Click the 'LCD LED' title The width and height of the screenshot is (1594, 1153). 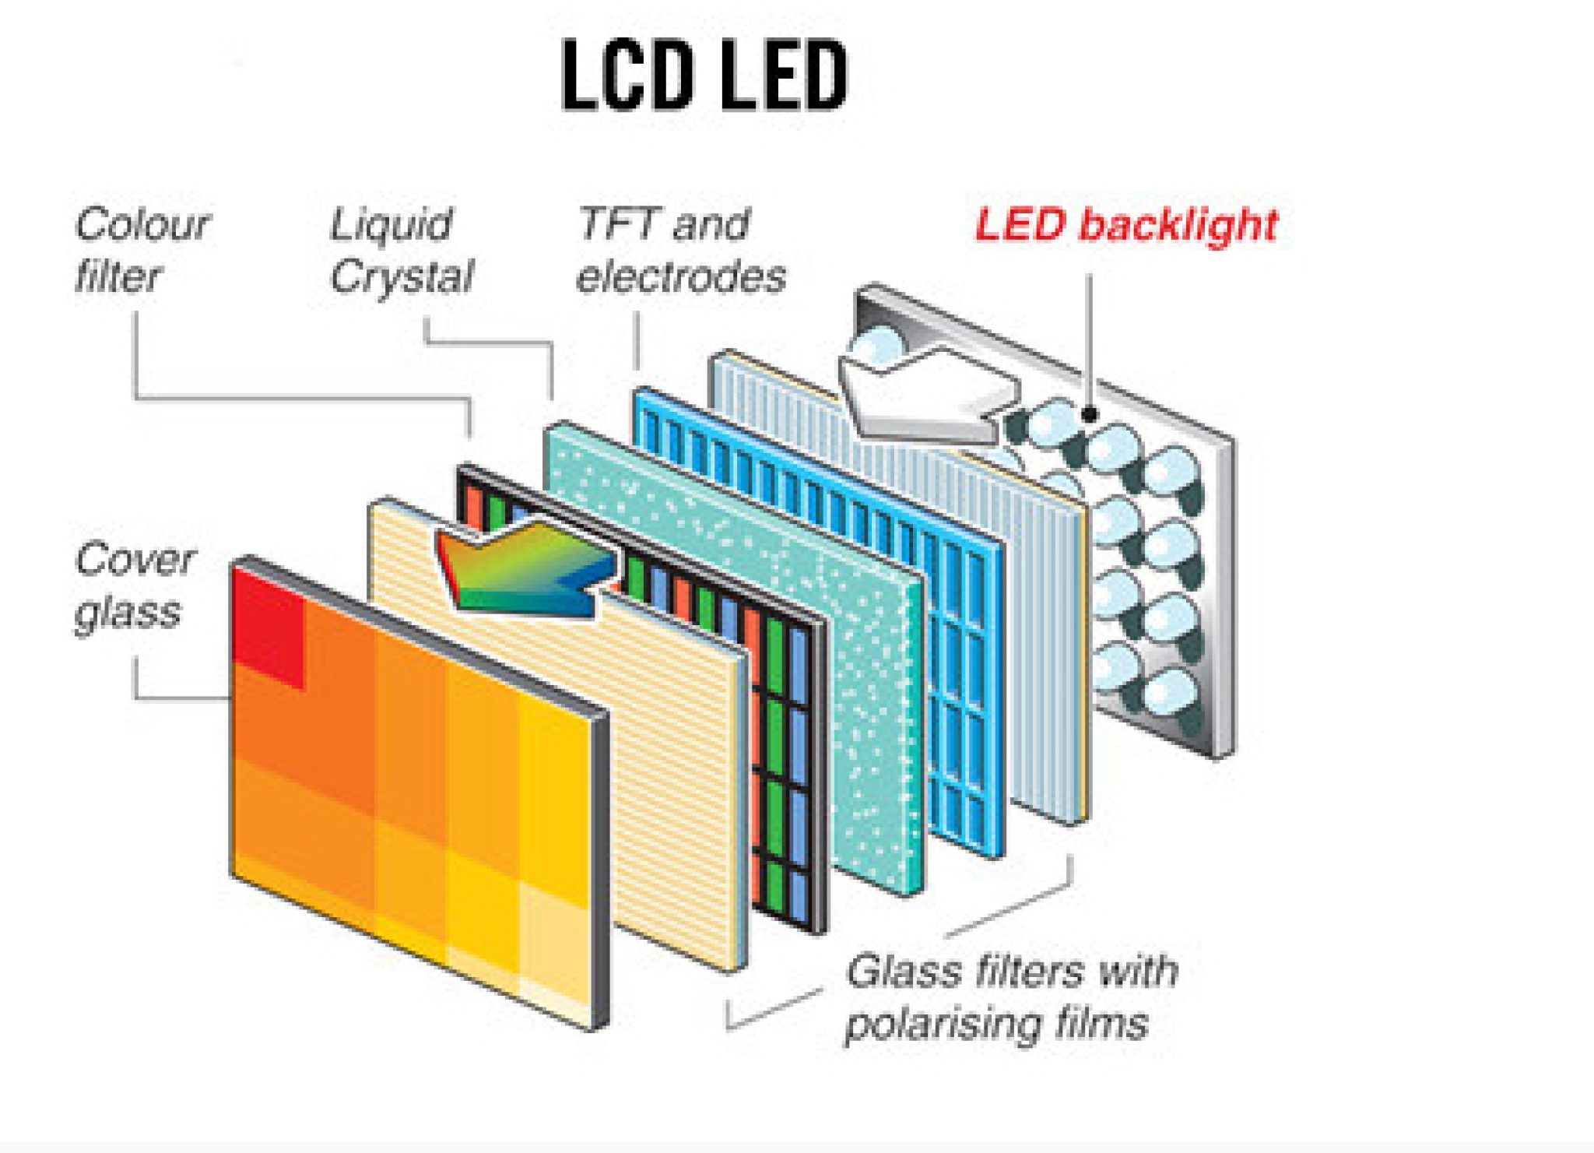coord(704,76)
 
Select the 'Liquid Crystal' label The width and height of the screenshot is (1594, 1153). coord(401,249)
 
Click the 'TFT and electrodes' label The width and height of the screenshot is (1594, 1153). coord(680,249)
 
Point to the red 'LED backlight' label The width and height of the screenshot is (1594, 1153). coord(1125,225)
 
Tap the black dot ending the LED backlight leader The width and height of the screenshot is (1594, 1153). coord(1090,415)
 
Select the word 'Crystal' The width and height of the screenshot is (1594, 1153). coord(401,276)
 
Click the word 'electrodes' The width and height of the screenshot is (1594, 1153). coord(680,277)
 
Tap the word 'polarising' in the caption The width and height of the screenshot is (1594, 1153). coord(942,1024)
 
